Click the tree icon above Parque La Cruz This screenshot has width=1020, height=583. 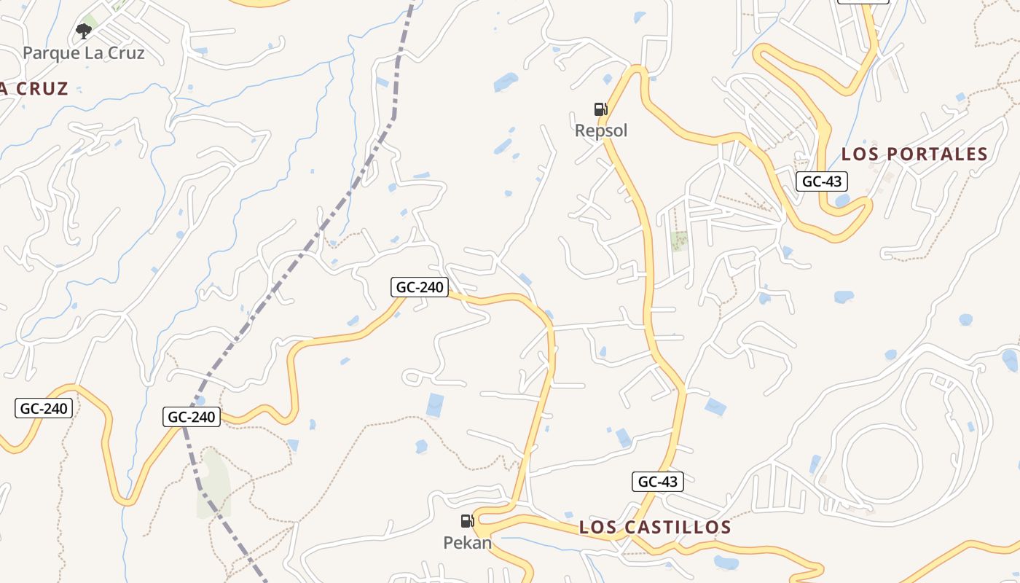point(84,31)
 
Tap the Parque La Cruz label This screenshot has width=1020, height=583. point(84,52)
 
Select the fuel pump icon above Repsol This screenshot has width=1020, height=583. point(600,109)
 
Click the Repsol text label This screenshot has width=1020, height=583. point(601,130)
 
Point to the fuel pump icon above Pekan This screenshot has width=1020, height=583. point(467,521)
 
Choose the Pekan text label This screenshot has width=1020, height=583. point(467,543)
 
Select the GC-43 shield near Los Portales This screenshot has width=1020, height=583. point(821,181)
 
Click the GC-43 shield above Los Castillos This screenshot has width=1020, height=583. point(657,481)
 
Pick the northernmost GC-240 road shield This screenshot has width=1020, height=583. point(420,287)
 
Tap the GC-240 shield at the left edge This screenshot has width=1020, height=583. point(44,408)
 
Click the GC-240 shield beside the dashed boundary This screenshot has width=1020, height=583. point(192,417)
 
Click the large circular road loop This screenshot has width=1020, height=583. point(886,463)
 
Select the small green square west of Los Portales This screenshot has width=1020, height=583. point(679,240)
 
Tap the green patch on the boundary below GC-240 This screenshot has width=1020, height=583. point(213,481)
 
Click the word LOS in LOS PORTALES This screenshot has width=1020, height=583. point(860,154)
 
